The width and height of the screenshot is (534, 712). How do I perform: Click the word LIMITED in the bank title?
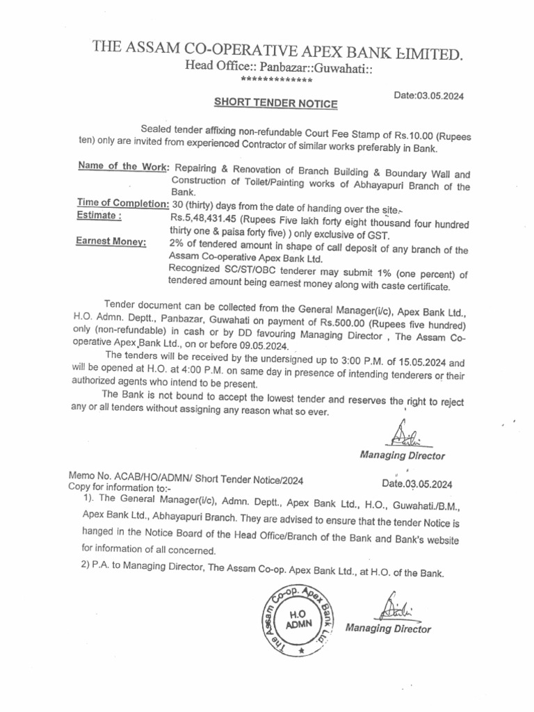pyautogui.click(x=422, y=54)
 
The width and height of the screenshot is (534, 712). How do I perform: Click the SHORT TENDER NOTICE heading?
pyautogui.click(x=275, y=104)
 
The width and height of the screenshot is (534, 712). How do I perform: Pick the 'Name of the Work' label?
pyautogui.click(x=124, y=168)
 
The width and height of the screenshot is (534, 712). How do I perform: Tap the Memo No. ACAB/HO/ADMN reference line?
pyautogui.click(x=186, y=479)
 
